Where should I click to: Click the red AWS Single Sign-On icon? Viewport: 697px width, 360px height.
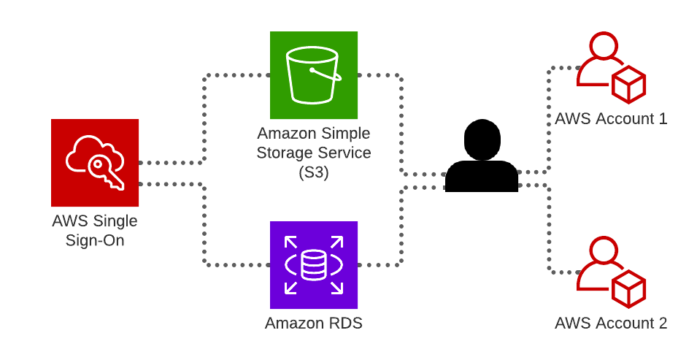click(95, 163)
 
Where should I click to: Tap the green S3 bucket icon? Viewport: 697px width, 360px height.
click(314, 75)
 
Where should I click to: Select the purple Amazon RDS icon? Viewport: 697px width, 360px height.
click(314, 265)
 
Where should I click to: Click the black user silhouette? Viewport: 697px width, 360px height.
click(482, 157)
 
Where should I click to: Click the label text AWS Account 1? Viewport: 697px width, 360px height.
click(611, 118)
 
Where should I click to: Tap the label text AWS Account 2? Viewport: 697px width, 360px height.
click(611, 323)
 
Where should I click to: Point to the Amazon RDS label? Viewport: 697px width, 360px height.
click(314, 323)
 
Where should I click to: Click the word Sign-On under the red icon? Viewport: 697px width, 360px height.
click(95, 240)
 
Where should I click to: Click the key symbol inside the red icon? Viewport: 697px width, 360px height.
click(105, 172)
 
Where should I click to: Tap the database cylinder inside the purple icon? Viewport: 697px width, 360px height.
click(314, 265)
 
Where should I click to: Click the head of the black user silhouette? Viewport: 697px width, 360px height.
click(482, 139)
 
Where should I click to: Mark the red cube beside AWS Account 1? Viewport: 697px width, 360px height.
click(628, 84)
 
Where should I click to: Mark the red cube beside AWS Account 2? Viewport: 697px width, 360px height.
click(628, 288)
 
